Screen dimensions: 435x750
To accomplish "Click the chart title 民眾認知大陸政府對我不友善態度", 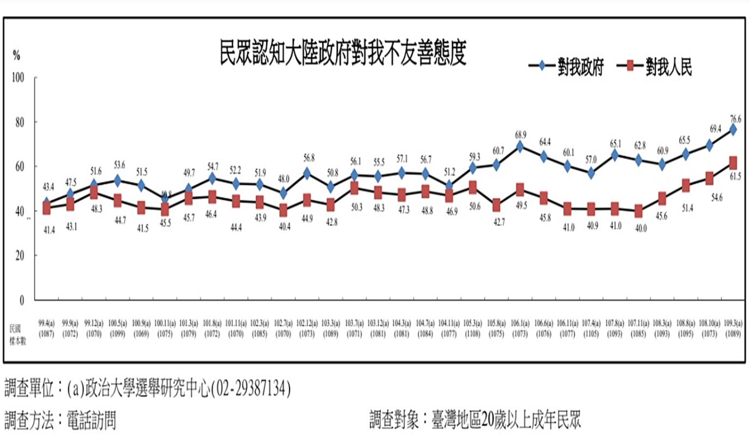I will click(343, 52).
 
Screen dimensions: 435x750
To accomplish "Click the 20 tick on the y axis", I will click(19, 255).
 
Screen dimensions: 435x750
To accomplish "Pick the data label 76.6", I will click(735, 119).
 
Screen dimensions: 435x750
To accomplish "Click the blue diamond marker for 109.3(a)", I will click(733, 129).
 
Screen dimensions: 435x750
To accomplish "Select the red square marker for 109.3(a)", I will click(733, 163).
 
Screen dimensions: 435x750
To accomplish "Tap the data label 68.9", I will click(521, 134).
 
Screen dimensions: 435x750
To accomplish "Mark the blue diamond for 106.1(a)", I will click(520, 146).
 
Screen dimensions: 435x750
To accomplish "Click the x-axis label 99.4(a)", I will click(46, 323).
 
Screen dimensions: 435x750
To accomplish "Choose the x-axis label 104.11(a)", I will click(449, 323).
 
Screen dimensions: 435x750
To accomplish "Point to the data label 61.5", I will click(735, 176).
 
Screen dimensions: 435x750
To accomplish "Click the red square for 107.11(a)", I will click(638, 211).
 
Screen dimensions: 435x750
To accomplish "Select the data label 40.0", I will click(641, 228).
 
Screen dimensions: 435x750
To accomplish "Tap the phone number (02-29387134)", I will click(250, 389).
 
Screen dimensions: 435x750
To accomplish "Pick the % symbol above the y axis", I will click(17, 56).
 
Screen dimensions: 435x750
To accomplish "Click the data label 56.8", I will click(309, 158).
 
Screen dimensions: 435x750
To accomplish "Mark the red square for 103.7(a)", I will click(354, 188).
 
